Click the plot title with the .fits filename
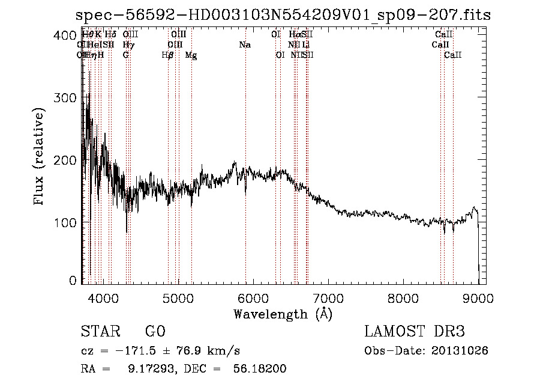(285, 15)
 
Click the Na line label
(245, 45)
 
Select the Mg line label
(191, 55)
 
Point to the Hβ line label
(168, 55)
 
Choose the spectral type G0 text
(155, 332)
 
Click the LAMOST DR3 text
(415, 332)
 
